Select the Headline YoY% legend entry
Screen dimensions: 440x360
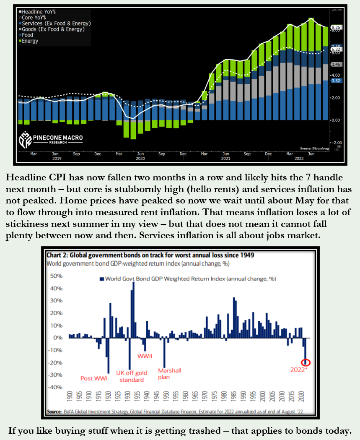coord(40,12)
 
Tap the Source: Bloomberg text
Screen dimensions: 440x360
coord(314,148)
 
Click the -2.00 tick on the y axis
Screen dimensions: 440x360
coord(337,142)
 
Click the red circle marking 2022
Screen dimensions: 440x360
coord(306,362)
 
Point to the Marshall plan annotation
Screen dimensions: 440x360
coord(169,373)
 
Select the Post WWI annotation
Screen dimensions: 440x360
coord(94,378)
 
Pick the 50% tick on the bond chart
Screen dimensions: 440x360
coord(56,276)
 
